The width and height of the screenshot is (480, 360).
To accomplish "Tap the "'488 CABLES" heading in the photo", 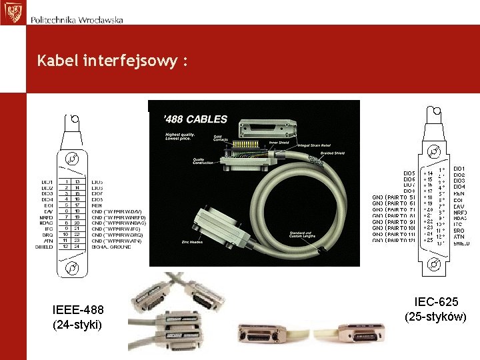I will pyautogui.click(x=195, y=119).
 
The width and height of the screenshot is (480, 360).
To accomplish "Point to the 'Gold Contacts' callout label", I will pyautogui.click(x=221, y=139).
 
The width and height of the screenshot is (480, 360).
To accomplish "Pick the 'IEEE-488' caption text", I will pyautogui.click(x=77, y=310).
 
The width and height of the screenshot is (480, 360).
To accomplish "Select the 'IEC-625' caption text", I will pyautogui.click(x=435, y=302).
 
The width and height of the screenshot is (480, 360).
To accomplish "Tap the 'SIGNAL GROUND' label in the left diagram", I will pyautogui.click(x=113, y=247).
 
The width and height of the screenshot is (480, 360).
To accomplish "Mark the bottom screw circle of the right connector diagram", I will pyautogui.click(x=434, y=265).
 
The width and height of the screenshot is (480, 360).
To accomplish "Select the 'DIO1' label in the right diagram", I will pyautogui.click(x=459, y=169).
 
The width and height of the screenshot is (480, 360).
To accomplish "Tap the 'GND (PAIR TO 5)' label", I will pyautogui.click(x=393, y=197).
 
